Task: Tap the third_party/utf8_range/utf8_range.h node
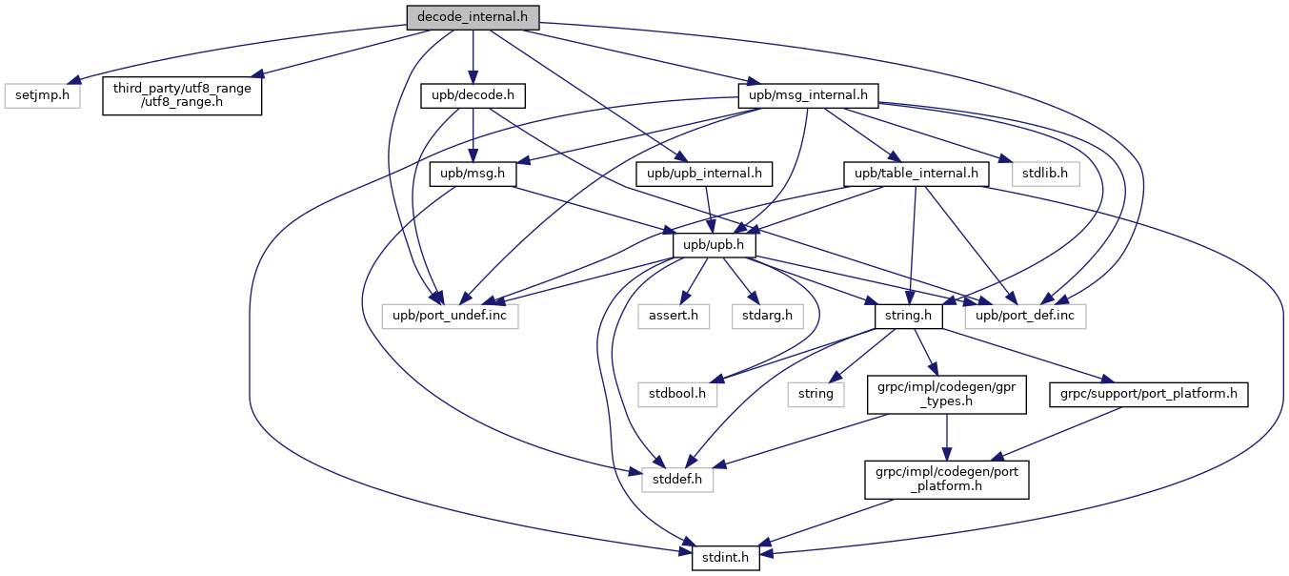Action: point(182,96)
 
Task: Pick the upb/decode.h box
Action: point(473,96)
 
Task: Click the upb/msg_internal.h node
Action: point(808,96)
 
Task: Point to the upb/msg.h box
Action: point(473,175)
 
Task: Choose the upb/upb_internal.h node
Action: point(703,175)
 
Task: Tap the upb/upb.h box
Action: point(715,245)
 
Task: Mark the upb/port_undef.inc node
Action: point(450,316)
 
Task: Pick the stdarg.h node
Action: point(760,316)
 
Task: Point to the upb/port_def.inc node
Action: point(1025,316)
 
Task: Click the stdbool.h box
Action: point(677,393)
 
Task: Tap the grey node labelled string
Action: point(816,393)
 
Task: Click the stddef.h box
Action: point(676,479)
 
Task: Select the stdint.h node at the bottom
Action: point(725,556)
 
